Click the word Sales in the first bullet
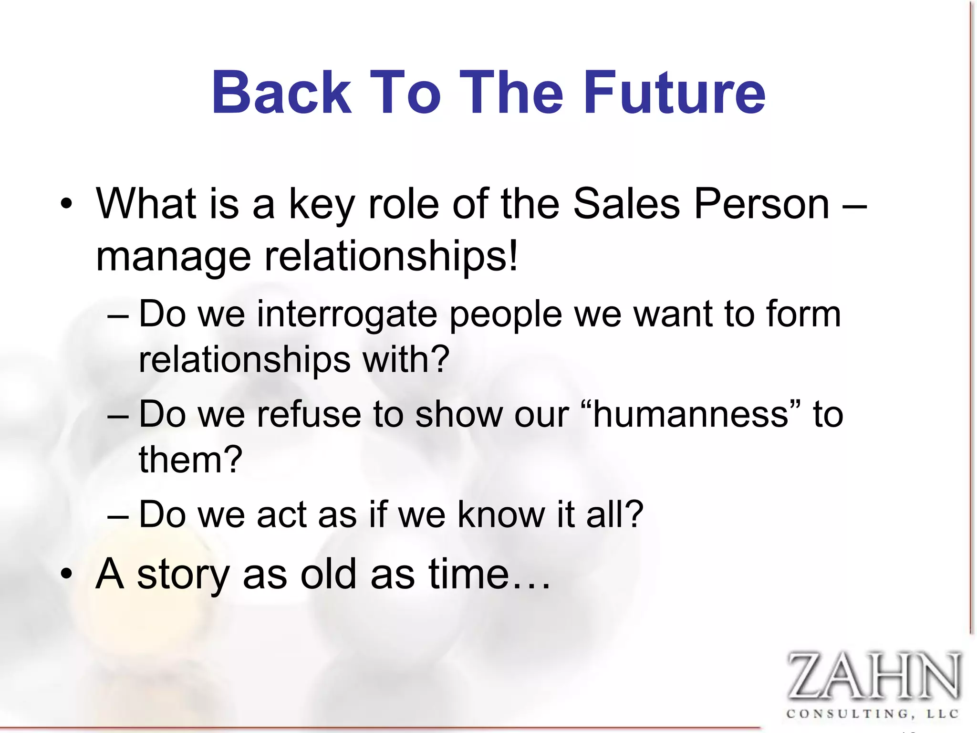click(626, 204)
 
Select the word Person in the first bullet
click(762, 204)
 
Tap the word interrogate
click(347, 315)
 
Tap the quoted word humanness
click(691, 414)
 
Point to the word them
click(181, 460)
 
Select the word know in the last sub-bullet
click(501, 514)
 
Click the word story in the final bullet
click(183, 575)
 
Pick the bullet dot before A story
click(66, 574)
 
